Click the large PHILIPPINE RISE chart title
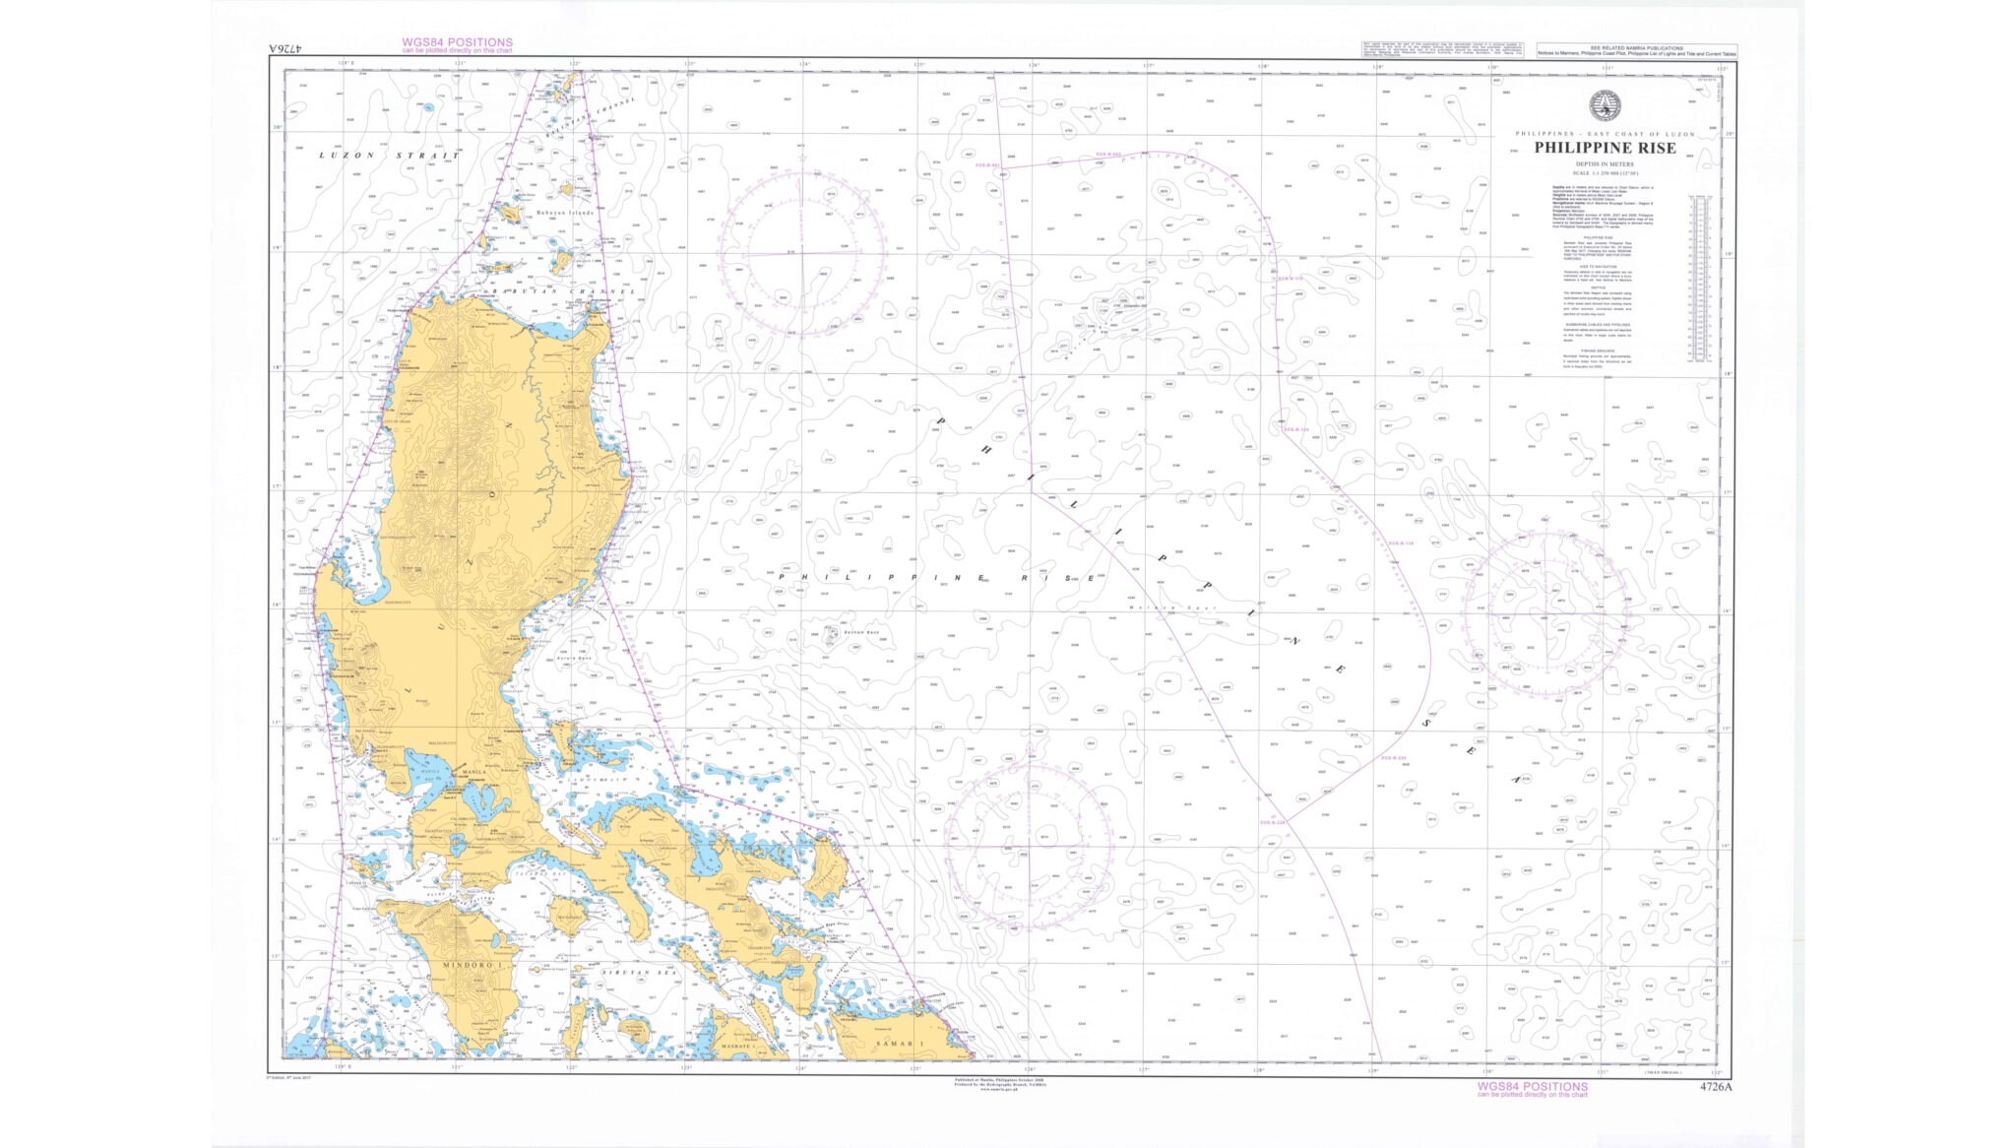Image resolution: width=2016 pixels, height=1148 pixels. click(x=1605, y=149)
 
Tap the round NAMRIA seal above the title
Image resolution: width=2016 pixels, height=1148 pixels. click(x=1605, y=104)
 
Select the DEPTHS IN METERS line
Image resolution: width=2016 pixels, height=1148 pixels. click(x=1605, y=164)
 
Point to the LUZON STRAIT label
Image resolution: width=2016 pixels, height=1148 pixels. click(x=389, y=156)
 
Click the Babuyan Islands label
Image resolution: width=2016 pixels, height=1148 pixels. click(x=565, y=212)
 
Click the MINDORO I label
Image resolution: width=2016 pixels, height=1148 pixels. click(x=472, y=966)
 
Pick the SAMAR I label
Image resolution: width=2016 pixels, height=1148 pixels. click(x=901, y=1044)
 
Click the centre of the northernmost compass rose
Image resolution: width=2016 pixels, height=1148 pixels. click(x=802, y=252)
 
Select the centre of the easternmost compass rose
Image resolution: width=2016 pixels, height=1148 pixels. click(x=1545, y=615)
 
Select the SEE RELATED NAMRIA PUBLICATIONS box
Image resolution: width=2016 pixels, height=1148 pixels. click(x=1636, y=50)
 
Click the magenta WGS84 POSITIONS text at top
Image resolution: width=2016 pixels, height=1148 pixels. click(x=457, y=43)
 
